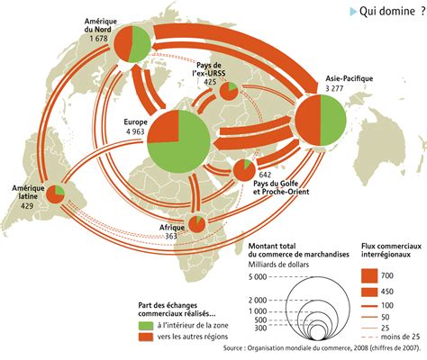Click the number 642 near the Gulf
click(x=266, y=174)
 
